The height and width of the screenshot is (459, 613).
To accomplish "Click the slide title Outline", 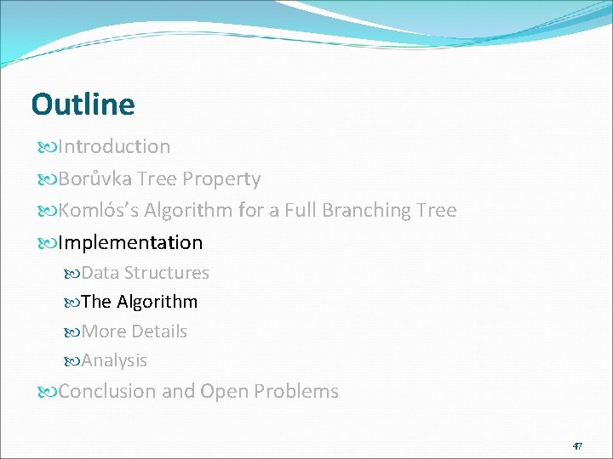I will coord(83,105).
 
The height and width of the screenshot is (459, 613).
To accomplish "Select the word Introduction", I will coord(114,147).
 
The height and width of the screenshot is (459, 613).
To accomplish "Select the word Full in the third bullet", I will coord(305,210).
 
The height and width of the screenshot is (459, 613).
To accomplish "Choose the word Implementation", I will coord(130,243).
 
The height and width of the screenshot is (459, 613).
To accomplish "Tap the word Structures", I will coord(166,273).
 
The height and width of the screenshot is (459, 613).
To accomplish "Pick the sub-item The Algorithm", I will coord(140,302).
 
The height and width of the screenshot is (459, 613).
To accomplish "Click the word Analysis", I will coord(114,360).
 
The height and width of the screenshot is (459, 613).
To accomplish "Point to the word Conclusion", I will coord(107,392).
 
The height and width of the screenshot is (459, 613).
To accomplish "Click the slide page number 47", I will coord(576,446).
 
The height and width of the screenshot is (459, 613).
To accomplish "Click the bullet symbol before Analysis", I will coord(72,361).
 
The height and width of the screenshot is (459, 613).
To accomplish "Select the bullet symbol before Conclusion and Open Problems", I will coord(46,393).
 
